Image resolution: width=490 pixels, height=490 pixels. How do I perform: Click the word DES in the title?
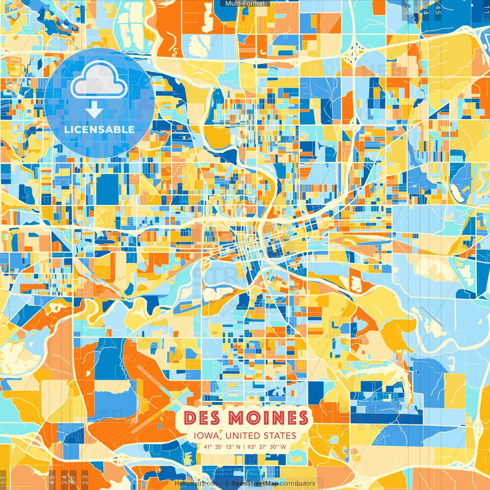(202, 418)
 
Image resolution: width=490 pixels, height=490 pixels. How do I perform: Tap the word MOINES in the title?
(268, 418)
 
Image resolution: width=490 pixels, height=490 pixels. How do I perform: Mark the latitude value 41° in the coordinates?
(208, 447)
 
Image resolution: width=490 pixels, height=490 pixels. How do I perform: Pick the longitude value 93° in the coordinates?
(252, 447)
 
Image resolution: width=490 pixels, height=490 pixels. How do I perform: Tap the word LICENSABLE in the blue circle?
(100, 129)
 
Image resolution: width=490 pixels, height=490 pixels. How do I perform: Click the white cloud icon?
(99, 79)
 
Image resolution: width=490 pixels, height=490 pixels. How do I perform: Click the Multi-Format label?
(245, 3)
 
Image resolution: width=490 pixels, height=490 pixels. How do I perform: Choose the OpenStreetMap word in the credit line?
(255, 483)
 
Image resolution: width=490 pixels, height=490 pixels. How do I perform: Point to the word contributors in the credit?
(297, 483)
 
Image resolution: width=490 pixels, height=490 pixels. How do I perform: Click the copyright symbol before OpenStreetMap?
(227, 483)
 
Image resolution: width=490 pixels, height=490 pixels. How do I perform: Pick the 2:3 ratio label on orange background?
(85, 479)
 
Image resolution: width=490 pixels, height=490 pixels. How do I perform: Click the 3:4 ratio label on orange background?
(64, 479)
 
